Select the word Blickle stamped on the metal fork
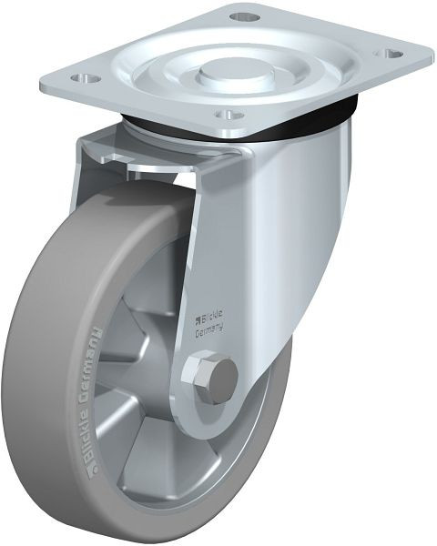coord(217,317)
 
